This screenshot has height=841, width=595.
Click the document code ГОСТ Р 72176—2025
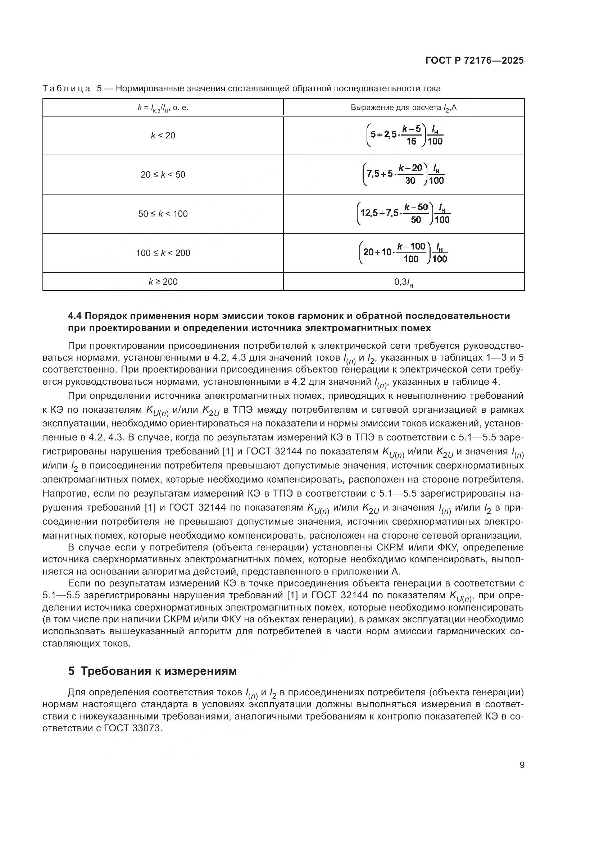474,61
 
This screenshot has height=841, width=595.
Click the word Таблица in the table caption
66,89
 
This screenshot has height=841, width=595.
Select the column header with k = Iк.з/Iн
163,108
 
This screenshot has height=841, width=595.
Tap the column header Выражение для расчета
403,108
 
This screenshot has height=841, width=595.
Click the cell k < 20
163,136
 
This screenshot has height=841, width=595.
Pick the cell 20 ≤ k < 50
163,175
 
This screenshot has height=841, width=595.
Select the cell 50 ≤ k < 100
163,214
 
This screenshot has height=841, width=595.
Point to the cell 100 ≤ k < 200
163,253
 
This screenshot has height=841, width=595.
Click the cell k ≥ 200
163,282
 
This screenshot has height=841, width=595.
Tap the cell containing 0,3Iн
403,282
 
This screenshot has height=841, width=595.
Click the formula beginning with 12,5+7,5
403,214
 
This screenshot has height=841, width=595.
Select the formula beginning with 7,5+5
403,174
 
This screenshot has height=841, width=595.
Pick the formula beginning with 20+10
403,253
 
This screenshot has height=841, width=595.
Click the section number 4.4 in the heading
76,316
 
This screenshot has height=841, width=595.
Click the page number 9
522,765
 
